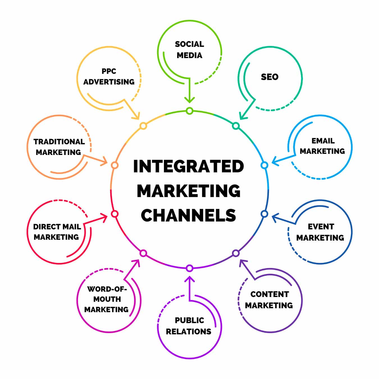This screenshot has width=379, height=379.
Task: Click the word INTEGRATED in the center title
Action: coord(188,166)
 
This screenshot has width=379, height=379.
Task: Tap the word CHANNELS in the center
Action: coord(188,215)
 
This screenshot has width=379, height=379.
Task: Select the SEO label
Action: coord(270,77)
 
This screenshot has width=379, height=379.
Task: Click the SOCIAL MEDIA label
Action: coord(189,50)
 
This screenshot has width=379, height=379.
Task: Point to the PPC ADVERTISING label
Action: coord(109,76)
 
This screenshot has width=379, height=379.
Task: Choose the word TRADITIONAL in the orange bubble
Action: coord(59,141)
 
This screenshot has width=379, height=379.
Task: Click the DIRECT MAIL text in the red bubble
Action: coord(57,227)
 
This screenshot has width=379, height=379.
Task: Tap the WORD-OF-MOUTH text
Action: coord(107,289)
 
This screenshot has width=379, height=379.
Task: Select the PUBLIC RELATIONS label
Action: coord(189,326)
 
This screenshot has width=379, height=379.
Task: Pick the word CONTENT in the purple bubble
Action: coord(270,294)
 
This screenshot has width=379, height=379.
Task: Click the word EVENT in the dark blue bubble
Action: coord(321,227)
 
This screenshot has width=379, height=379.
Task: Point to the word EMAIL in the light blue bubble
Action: coord(323,141)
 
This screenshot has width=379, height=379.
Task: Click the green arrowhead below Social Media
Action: coord(189,100)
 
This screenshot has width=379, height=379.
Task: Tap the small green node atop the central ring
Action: coord(189,111)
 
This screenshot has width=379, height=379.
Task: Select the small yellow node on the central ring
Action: coord(143,126)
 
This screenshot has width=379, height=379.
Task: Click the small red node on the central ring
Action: coord(115,214)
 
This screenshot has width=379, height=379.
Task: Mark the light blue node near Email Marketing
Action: coord(264,165)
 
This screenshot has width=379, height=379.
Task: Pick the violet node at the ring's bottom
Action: coord(189,268)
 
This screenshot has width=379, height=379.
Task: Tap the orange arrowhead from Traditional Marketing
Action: coord(104,162)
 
